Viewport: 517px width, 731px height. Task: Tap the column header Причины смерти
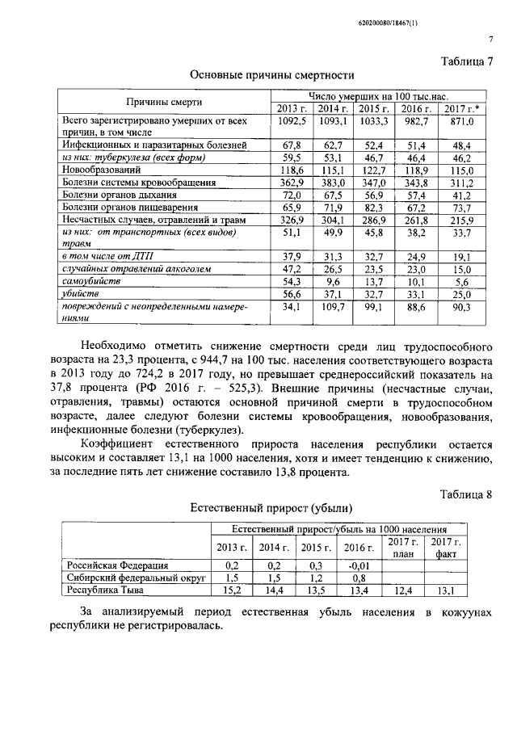point(163,102)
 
